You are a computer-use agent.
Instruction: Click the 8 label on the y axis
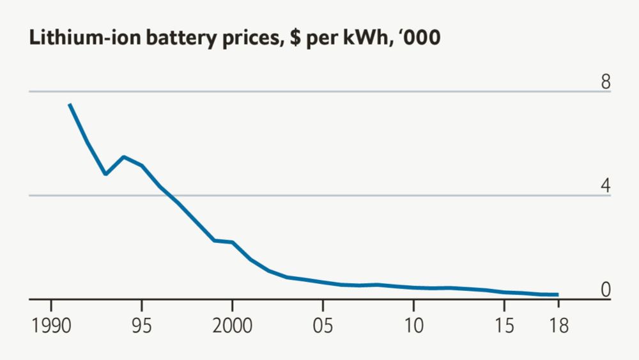tap(605, 82)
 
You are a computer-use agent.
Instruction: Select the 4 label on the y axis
tap(605, 185)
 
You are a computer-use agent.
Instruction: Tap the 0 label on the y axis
tap(605, 290)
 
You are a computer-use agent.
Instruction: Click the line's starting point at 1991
tap(69, 104)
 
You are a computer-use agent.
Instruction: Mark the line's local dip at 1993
tap(105, 174)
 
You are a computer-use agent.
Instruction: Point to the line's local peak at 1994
tap(123, 157)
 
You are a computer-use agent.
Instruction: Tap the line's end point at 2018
tap(558, 295)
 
